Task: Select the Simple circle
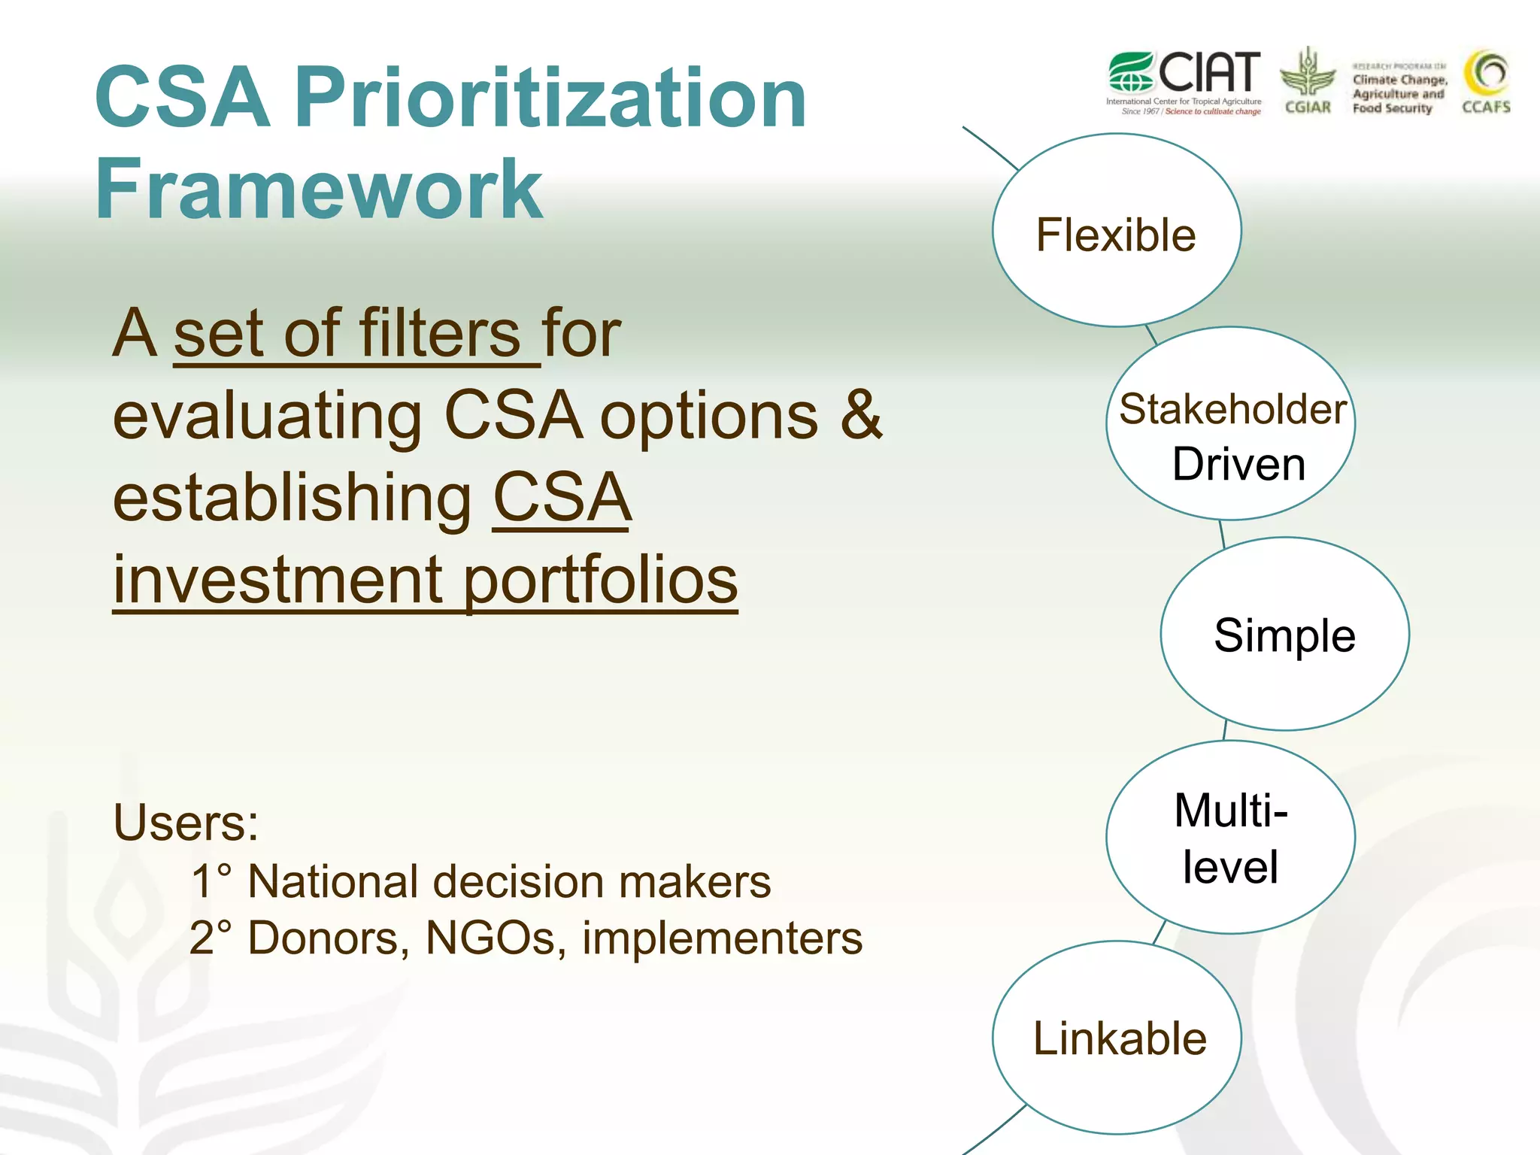(x=1284, y=634)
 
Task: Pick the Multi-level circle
(x=1231, y=837)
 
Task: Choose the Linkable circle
(x=1117, y=1038)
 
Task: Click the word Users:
(x=186, y=823)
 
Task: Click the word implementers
(x=722, y=938)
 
